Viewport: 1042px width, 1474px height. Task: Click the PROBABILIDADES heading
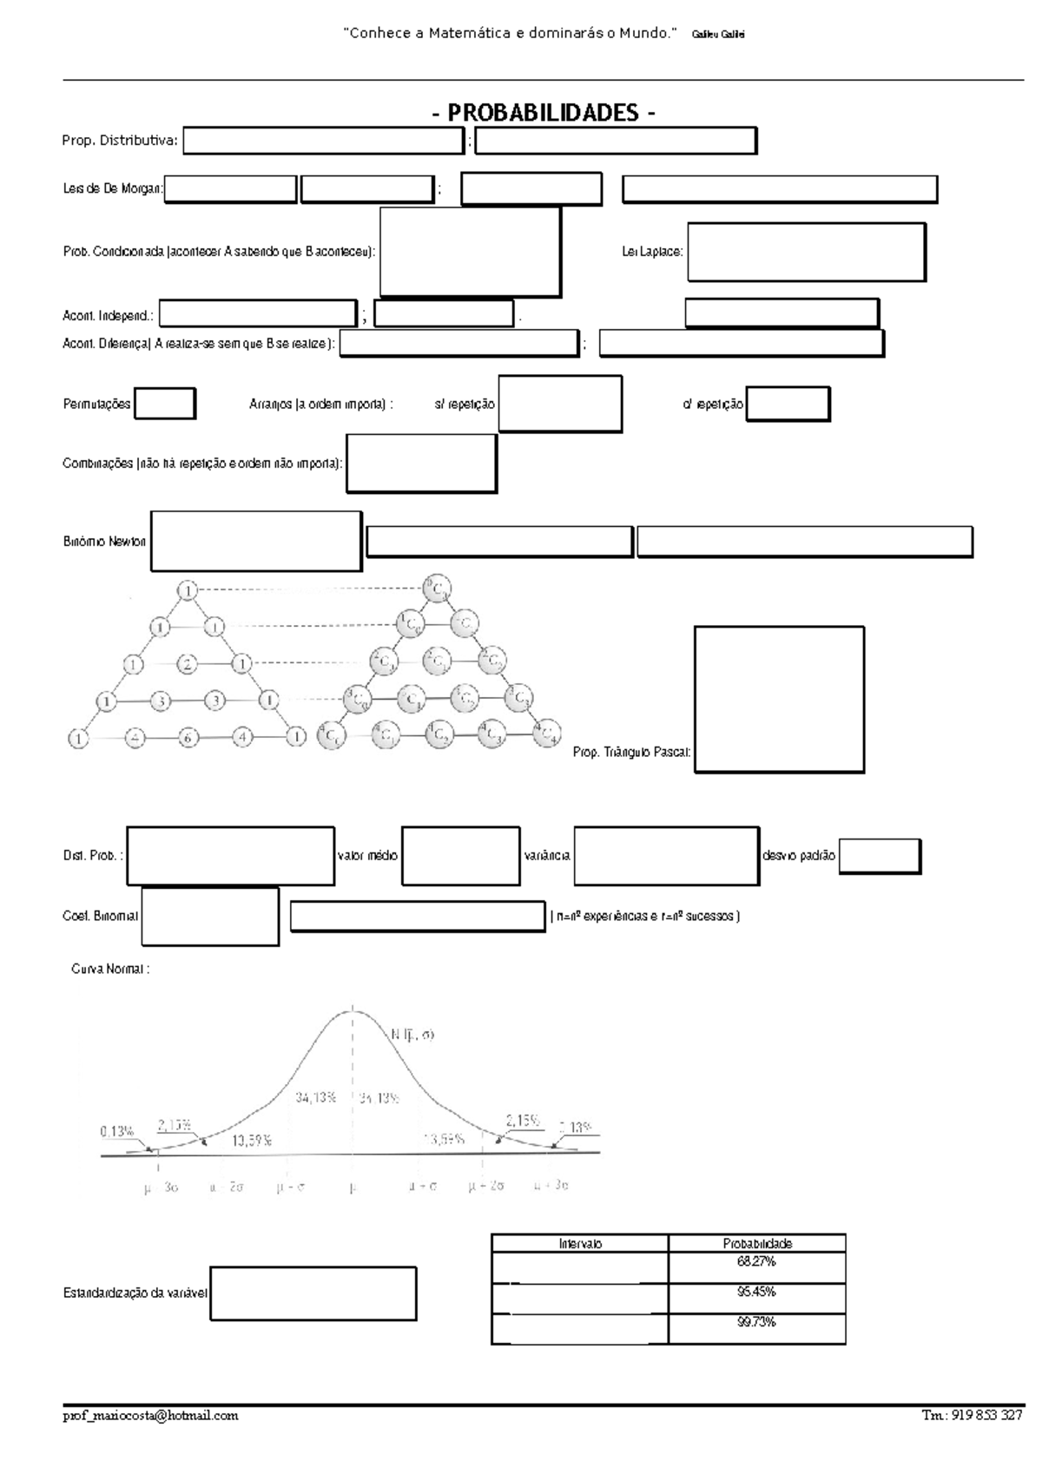tap(544, 113)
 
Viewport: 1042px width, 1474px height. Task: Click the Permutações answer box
tap(164, 404)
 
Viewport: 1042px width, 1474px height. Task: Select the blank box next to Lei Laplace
tap(806, 252)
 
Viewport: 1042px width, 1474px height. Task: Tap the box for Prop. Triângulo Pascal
tap(779, 699)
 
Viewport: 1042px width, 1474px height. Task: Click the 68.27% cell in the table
tap(756, 1261)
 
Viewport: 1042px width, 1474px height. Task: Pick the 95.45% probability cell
tap(756, 1292)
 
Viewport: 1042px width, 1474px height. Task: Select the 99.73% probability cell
tap(756, 1322)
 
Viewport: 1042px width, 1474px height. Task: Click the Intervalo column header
tap(580, 1243)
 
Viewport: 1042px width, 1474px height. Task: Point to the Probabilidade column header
tap(757, 1243)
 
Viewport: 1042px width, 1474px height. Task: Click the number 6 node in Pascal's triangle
tap(188, 738)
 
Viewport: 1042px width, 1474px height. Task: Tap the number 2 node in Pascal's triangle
tap(187, 665)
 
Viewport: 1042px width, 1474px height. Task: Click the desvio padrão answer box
tap(880, 856)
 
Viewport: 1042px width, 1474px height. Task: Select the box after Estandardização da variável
tap(313, 1293)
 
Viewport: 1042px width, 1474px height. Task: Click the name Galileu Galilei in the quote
tap(718, 35)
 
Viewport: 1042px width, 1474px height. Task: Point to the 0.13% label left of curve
tap(116, 1131)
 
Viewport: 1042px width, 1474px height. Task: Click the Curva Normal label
tap(110, 970)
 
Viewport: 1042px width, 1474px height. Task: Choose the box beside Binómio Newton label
tap(256, 541)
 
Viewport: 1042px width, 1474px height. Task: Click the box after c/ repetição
tap(788, 404)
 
